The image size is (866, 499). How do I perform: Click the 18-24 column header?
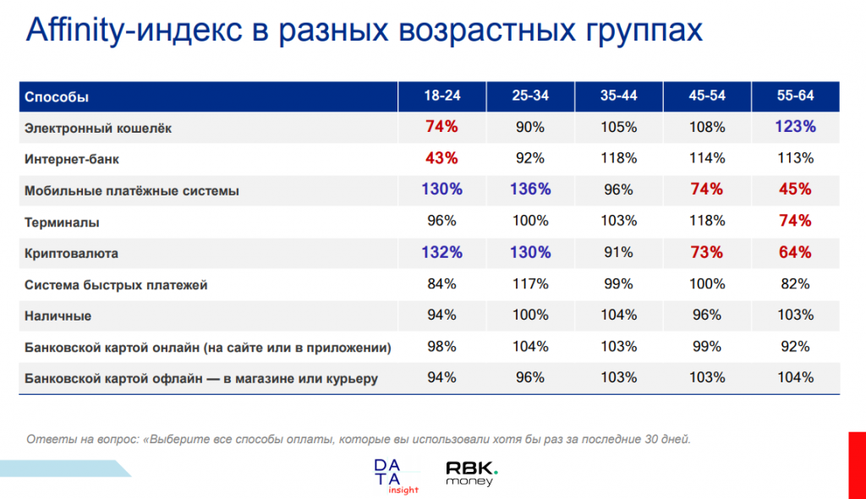click(441, 96)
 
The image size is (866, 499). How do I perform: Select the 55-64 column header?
click(795, 96)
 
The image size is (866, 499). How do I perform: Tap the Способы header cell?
click(57, 97)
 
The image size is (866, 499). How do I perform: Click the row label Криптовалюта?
click(71, 254)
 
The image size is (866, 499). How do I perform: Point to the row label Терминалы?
click(62, 222)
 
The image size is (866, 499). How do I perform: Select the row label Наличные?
click(58, 316)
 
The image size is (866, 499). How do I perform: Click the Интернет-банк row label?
click(72, 159)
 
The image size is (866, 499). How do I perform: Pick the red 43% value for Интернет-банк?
click(441, 159)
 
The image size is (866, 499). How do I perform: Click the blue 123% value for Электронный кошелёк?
click(795, 127)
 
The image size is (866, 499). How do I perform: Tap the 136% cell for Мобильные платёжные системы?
click(530, 189)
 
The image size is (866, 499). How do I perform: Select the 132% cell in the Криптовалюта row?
click(441, 253)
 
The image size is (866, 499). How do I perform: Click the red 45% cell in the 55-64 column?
click(795, 189)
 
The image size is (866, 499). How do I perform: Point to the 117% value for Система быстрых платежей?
click(530, 284)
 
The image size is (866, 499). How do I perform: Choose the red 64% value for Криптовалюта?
click(795, 253)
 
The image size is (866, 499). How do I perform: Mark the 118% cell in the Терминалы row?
click(707, 221)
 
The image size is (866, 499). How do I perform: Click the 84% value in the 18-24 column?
click(441, 284)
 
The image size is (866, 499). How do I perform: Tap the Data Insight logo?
click(396, 476)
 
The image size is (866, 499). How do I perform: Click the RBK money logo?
click(472, 474)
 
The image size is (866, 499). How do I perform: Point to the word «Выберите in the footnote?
click(173, 440)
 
